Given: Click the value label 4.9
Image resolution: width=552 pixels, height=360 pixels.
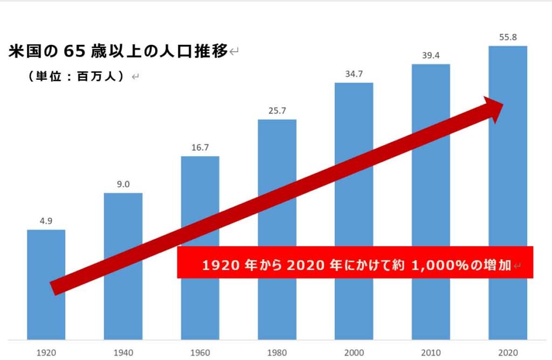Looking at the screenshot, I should (46, 221).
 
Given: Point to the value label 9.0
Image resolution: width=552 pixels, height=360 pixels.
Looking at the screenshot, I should (123, 184).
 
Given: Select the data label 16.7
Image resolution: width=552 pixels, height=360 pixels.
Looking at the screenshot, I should (200, 147).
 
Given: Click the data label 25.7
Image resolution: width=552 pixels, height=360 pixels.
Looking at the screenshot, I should (277, 110).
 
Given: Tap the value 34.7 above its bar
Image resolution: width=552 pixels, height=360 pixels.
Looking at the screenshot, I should (354, 73).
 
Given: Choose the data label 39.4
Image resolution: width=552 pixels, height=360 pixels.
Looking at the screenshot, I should (431, 56).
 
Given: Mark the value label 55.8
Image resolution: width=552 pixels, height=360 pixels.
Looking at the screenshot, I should (508, 37).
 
